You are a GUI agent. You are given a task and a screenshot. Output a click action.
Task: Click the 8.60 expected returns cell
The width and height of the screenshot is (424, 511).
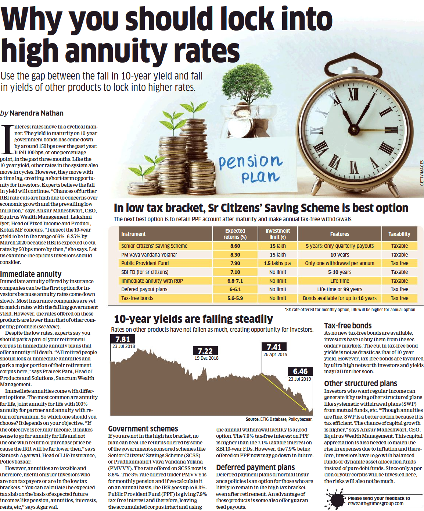tap(235, 246)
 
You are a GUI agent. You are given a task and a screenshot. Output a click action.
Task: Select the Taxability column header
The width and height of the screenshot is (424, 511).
tap(399, 234)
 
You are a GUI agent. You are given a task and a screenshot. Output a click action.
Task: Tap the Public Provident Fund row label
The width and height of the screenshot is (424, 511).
tap(145, 263)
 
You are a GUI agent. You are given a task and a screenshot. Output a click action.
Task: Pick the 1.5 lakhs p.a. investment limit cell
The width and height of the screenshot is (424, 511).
tap(277, 263)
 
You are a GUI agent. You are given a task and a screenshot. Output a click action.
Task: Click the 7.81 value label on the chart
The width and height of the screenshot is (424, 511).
tap(123, 339)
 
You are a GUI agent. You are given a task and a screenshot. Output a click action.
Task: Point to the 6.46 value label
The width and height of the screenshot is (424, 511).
tap(300, 371)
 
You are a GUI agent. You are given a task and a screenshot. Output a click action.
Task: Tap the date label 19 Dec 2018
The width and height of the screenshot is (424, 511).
tap(206, 358)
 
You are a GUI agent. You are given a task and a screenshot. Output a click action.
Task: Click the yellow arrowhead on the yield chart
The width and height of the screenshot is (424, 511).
tap(305, 408)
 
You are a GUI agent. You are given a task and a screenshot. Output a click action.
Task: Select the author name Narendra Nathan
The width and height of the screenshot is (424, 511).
tap(36, 113)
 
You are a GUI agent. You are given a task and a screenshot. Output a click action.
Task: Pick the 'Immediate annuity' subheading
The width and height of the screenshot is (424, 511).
tap(31, 274)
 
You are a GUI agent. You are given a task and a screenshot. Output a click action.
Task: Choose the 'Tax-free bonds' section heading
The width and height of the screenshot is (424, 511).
tap(348, 325)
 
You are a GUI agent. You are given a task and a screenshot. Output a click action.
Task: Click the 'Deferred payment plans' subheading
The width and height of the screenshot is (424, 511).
tap(255, 467)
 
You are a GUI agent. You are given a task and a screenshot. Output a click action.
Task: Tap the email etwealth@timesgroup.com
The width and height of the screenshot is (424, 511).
tap(376, 503)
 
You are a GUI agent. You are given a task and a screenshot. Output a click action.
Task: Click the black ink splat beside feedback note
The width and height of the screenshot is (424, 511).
tap(335, 500)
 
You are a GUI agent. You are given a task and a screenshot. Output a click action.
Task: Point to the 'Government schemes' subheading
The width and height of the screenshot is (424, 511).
tap(143, 429)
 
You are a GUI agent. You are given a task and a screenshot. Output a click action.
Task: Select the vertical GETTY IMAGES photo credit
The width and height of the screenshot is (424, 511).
tap(422, 173)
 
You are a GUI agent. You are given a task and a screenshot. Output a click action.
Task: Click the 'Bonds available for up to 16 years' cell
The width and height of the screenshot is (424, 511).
tap(339, 298)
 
